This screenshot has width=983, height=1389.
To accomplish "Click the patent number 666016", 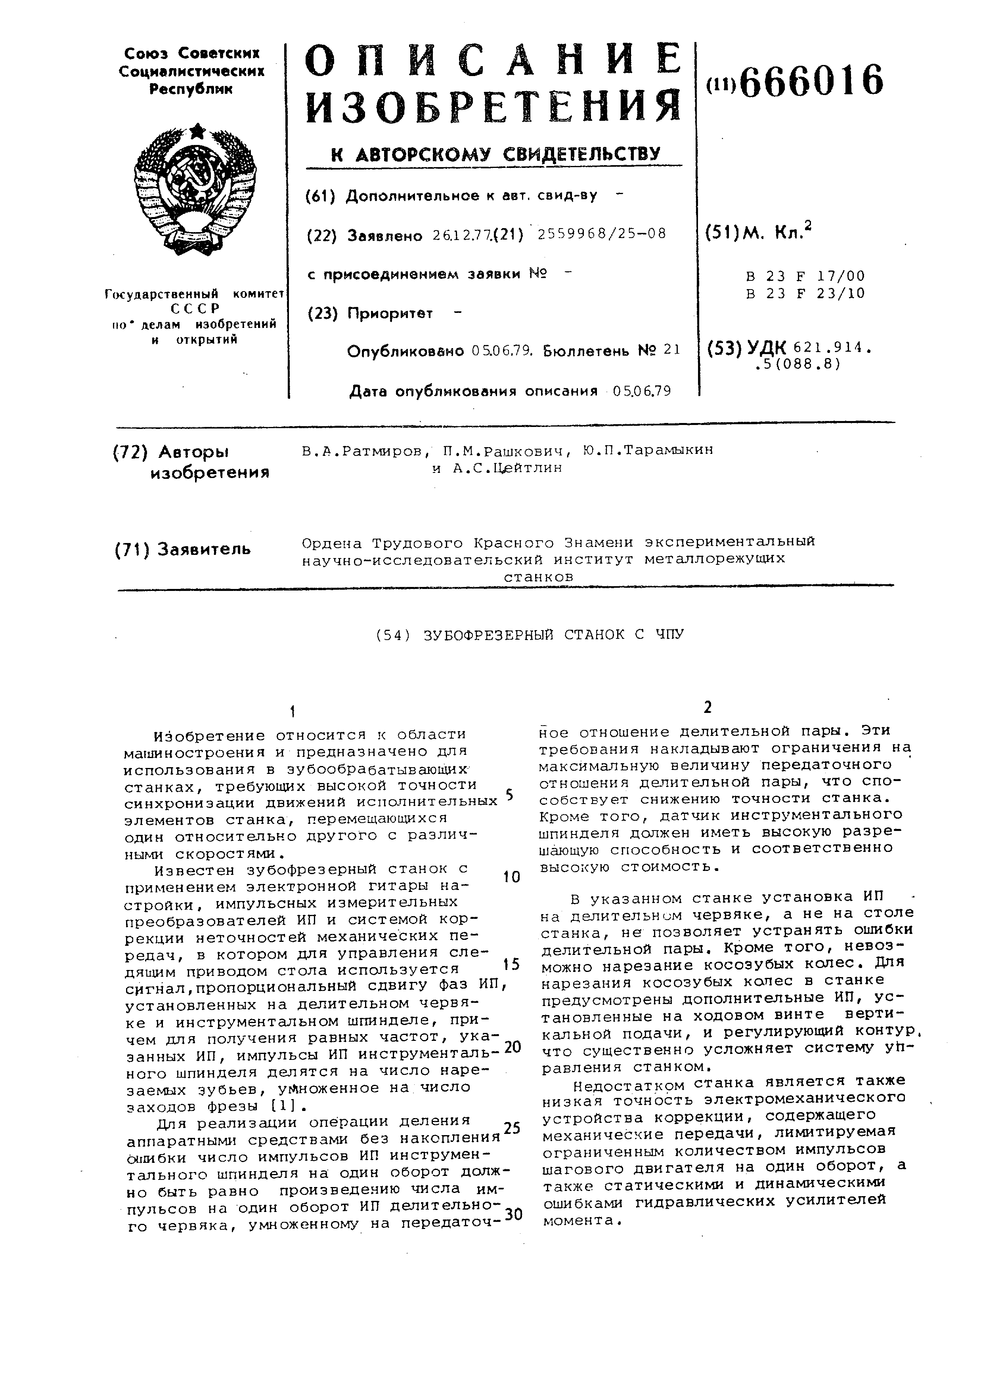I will click(x=811, y=82).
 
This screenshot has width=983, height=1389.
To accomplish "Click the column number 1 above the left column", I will click(x=293, y=711).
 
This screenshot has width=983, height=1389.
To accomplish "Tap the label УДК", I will click(x=766, y=347).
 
